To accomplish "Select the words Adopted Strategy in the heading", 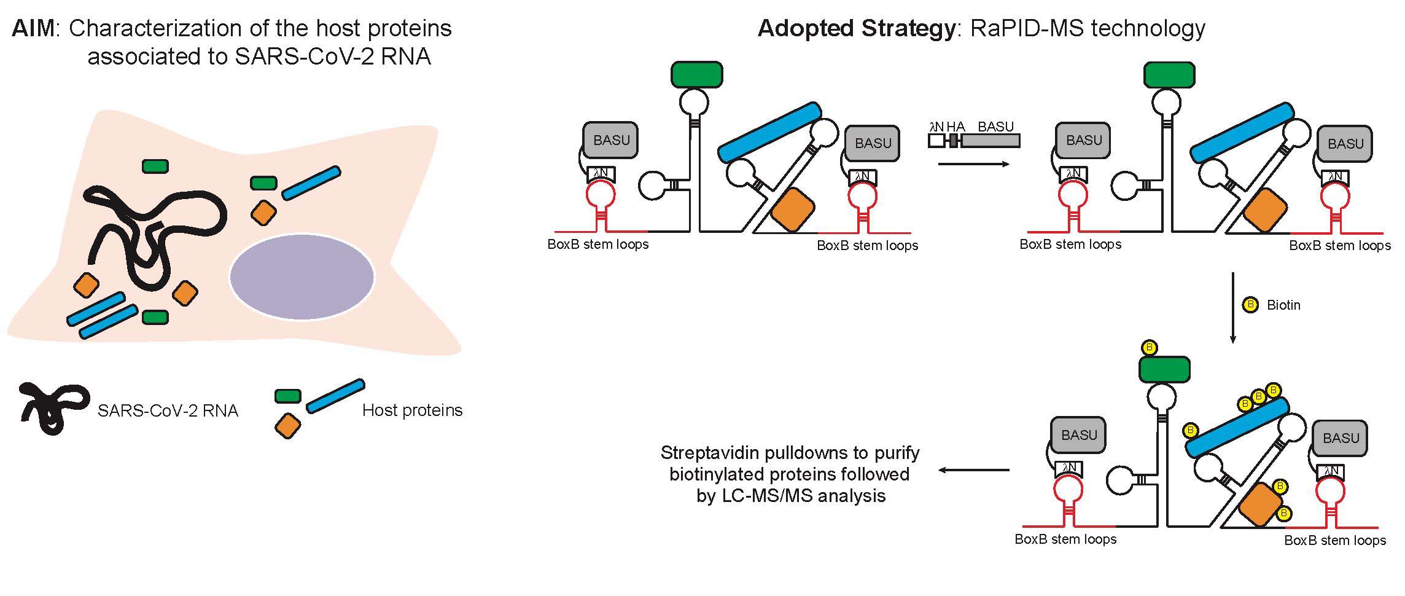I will [856, 29].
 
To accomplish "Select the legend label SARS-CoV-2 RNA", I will [168, 410].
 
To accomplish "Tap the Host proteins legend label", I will [412, 410].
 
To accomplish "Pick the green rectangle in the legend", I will [287, 396].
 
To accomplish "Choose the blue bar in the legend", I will [335, 396].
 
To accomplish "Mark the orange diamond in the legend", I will [287, 425].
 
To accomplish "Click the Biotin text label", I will [1283, 305].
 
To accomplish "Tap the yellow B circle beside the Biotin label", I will [1250, 305].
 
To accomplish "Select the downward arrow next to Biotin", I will [1232, 307].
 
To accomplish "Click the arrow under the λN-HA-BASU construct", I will [974, 164].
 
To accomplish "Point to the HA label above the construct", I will [955, 127].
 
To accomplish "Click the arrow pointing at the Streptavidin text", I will [974, 471].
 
